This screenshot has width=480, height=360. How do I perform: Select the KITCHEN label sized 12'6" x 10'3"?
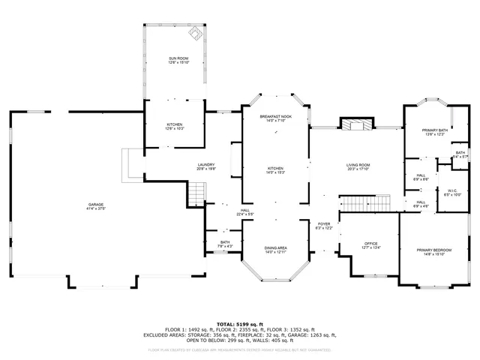click(173, 126)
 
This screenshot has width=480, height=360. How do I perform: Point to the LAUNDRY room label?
click(206, 166)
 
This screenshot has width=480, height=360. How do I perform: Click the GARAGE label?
click(95, 205)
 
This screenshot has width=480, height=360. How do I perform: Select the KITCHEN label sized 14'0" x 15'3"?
click(276, 170)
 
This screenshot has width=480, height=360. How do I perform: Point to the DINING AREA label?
click(276, 250)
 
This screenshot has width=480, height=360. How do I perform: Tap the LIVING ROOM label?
click(358, 166)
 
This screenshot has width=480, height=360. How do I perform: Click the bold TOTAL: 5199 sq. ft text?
click(240, 323)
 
